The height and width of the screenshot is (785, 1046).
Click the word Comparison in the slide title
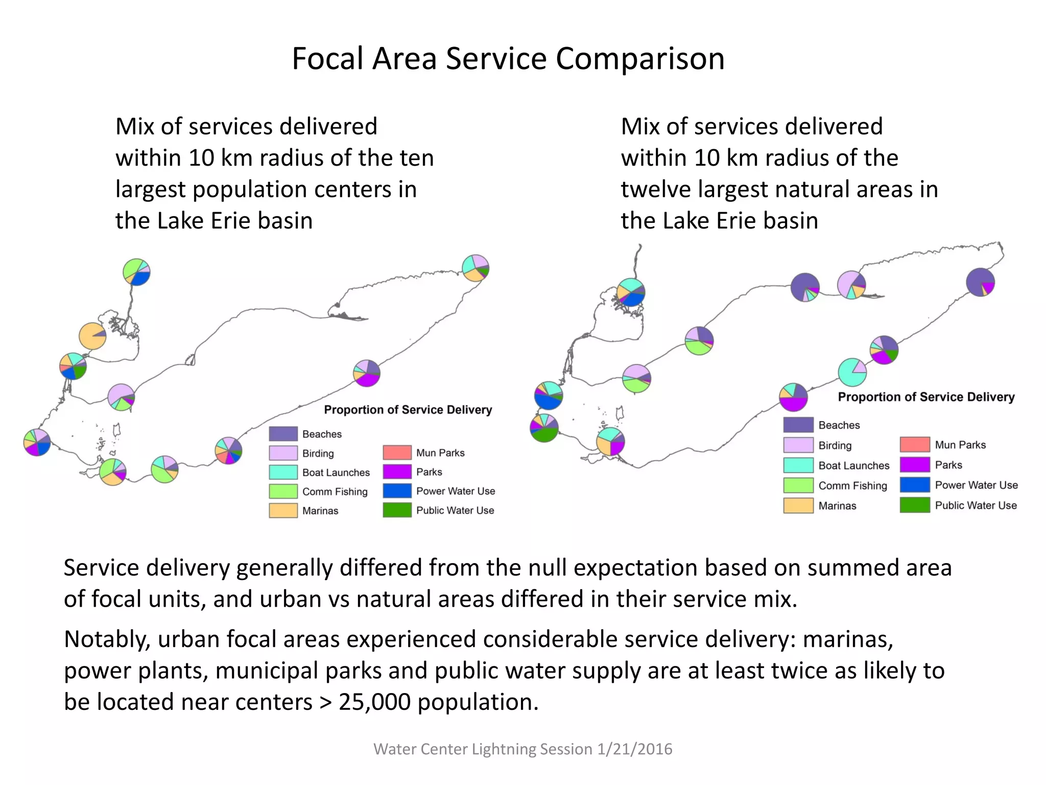coord(640,59)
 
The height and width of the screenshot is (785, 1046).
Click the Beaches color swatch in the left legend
coord(283,434)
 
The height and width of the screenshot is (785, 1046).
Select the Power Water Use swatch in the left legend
coord(397,491)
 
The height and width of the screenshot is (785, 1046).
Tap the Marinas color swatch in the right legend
coord(798,505)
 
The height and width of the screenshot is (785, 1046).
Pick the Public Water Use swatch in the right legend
coord(914,505)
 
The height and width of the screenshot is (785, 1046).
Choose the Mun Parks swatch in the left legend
coord(397,452)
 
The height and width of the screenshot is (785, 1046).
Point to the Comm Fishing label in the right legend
coord(852,486)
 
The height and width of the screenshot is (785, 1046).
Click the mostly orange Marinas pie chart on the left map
coord(92,336)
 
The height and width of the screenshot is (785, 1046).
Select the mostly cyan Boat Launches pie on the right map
coord(852,372)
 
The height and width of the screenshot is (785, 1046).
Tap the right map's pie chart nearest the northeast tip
coord(980,282)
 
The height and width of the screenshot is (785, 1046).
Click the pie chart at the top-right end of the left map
coord(476,267)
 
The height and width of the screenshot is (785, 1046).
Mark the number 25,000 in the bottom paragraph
coord(374,702)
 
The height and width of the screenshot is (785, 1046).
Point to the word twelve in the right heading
coord(655,190)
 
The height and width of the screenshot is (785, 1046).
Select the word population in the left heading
coord(247,190)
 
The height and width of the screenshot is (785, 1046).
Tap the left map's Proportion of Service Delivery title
coord(408,410)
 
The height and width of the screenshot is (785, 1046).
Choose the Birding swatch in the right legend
coord(798,445)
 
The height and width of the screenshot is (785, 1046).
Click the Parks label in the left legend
coord(429,472)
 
